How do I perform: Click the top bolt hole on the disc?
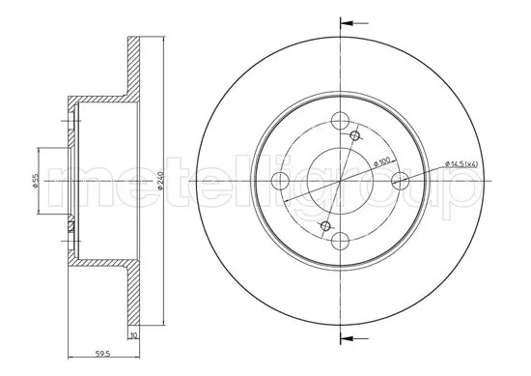340,122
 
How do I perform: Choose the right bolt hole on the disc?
399,181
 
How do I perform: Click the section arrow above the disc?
355,22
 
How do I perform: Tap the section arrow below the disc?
355,338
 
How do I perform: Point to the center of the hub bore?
340,181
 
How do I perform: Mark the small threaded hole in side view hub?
70,227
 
